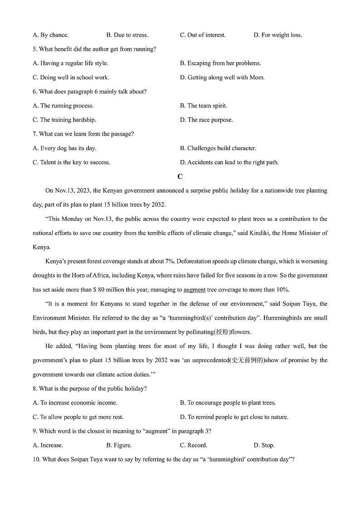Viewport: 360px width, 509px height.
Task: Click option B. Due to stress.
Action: point(127,35)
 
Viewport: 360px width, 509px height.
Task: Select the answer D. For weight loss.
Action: point(277,35)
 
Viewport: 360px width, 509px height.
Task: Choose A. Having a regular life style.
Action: point(70,63)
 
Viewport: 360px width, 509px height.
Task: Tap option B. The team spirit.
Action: point(204,106)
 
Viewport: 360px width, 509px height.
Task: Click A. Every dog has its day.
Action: point(64,148)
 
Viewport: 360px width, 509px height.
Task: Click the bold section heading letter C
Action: point(180,177)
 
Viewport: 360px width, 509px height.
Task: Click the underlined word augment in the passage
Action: point(194,290)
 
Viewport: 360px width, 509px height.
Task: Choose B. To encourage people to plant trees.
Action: point(228,402)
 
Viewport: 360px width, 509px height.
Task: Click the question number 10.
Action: point(36,459)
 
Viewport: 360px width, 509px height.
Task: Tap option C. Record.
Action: point(194,445)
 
